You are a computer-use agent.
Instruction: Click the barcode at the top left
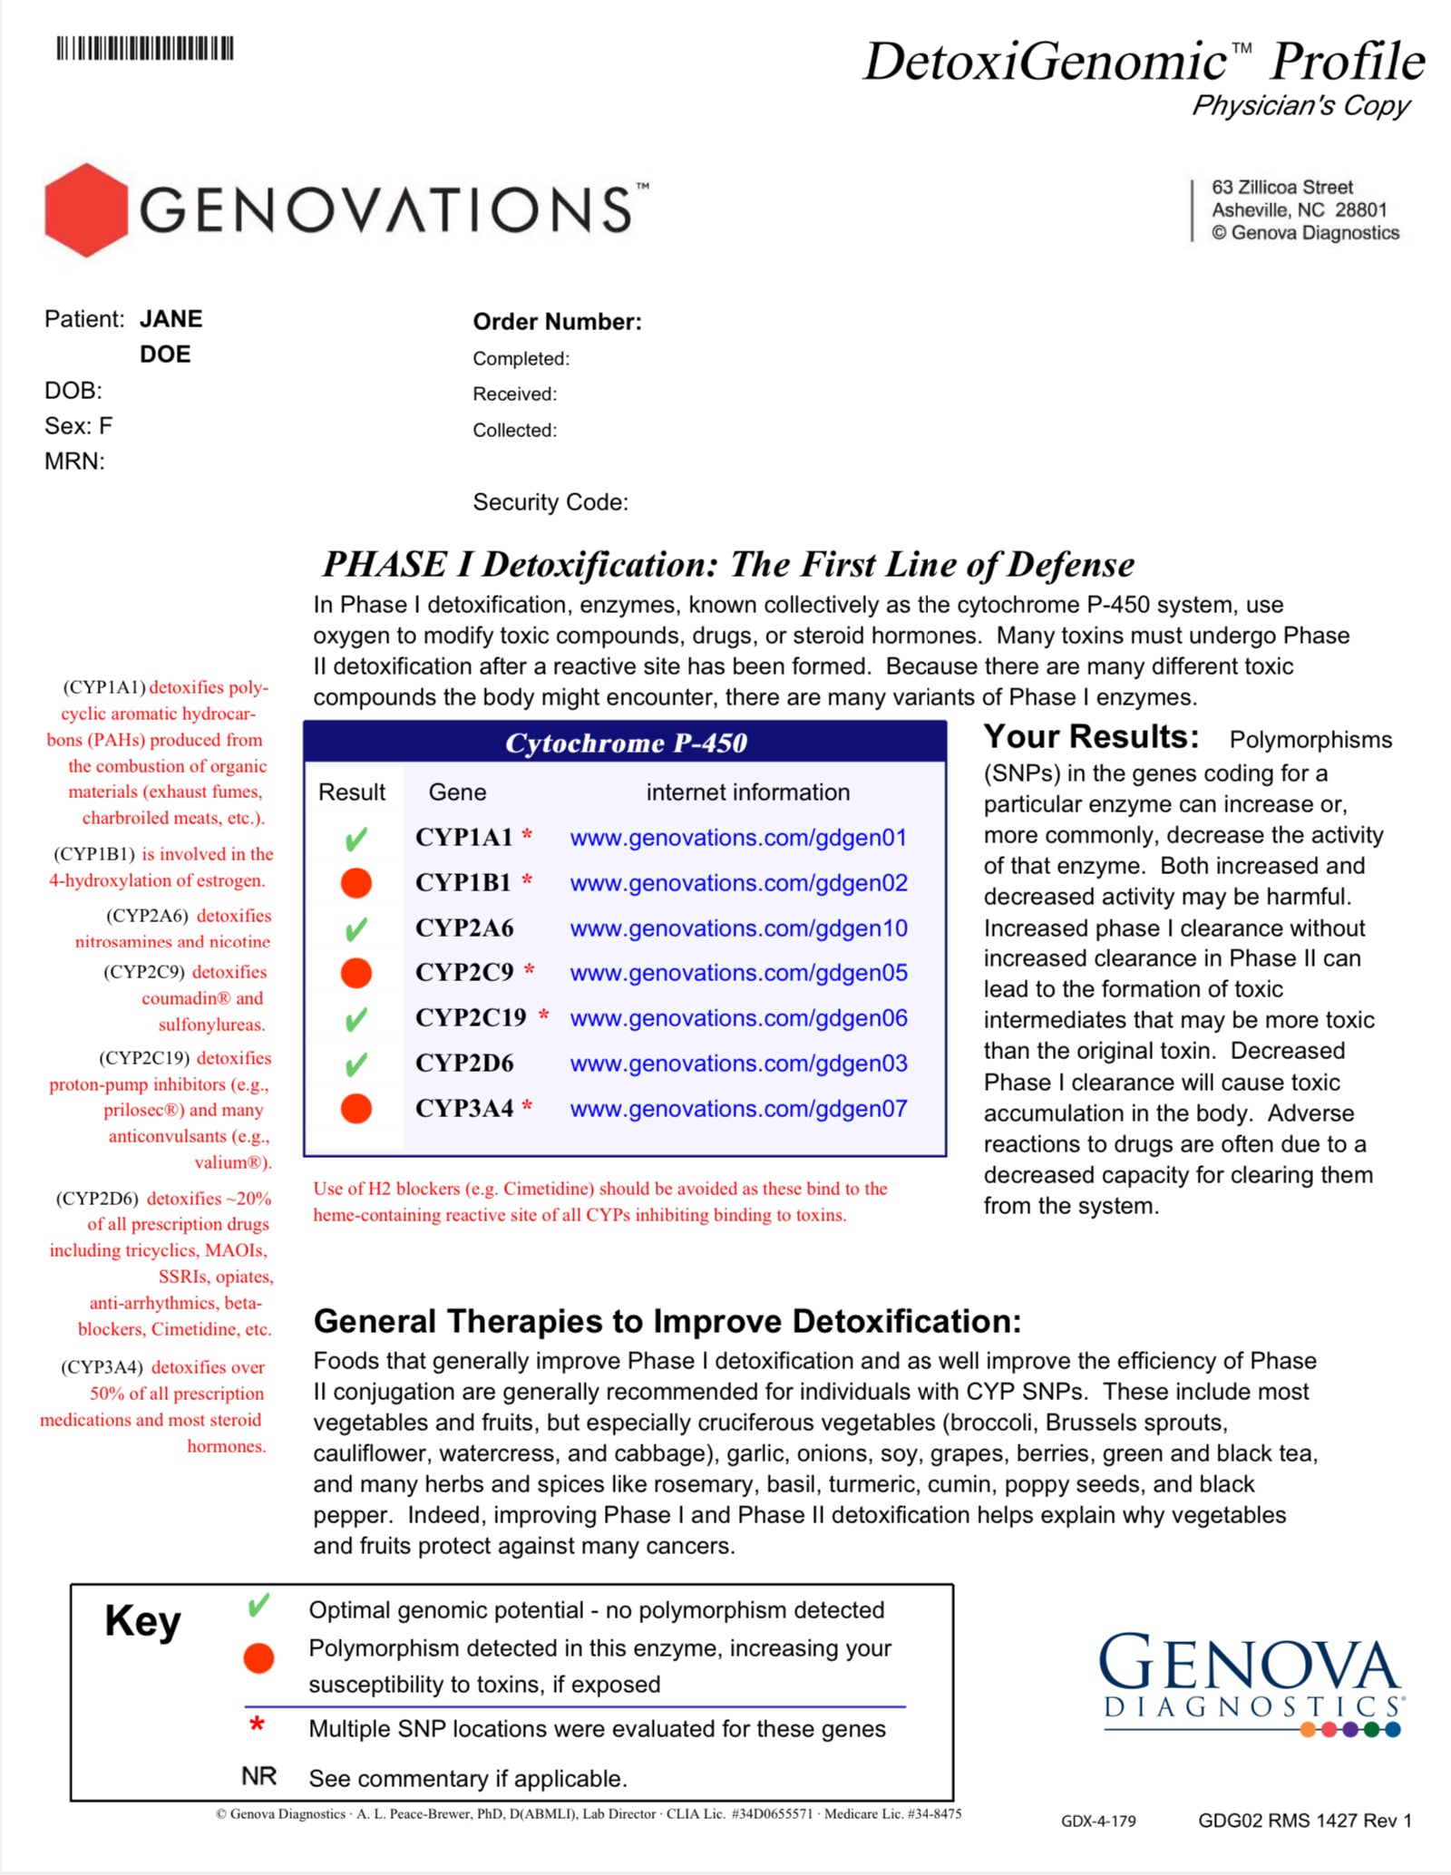coord(145,48)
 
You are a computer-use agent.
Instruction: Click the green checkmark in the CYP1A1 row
coord(356,839)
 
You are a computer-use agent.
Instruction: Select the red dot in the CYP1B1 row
coord(356,883)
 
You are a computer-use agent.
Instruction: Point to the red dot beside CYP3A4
coord(356,1108)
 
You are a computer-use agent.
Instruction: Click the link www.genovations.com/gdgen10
coord(738,928)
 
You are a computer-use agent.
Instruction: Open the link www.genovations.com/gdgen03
coord(738,1064)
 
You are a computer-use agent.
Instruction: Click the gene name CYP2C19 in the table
coord(471,1018)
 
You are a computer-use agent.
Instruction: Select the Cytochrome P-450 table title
coord(626,743)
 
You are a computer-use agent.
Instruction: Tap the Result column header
coord(352,792)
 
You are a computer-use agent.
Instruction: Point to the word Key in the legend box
coord(142,1621)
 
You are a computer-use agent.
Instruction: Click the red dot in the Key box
coord(258,1658)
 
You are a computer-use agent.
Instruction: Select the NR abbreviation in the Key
coord(258,1777)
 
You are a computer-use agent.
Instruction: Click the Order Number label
coord(557,322)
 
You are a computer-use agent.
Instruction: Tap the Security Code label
coord(550,502)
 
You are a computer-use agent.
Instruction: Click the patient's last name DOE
coord(165,355)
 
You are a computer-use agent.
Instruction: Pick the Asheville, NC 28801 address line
coord(1300,210)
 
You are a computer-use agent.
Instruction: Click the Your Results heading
coord(1091,737)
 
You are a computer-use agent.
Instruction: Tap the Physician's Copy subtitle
coord(1300,106)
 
